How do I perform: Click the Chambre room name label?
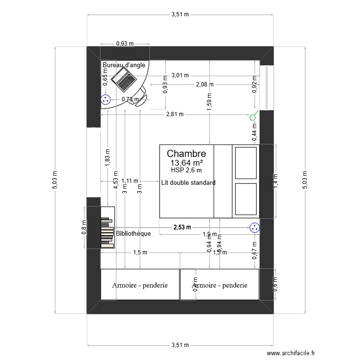pyautogui.click(x=186, y=154)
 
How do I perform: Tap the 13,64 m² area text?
pyautogui.click(x=186, y=163)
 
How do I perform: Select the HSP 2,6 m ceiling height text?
pyautogui.click(x=186, y=170)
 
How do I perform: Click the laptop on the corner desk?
pyautogui.click(x=124, y=80)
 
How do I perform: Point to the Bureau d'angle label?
pyautogui.click(x=124, y=65)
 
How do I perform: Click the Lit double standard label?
pyautogui.click(x=188, y=182)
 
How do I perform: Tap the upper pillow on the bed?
pyautogui.click(x=246, y=162)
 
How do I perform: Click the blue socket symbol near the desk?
pyautogui.click(x=105, y=100)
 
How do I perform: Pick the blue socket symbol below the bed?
pyautogui.click(x=254, y=228)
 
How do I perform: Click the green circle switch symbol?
pyautogui.click(x=253, y=117)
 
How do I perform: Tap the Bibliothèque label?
pyautogui.click(x=133, y=234)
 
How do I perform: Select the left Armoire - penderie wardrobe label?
pyautogui.click(x=140, y=285)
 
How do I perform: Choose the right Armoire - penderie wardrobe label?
pyautogui.click(x=220, y=285)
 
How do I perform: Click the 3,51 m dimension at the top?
pyautogui.click(x=180, y=15)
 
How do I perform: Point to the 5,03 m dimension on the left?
pyautogui.click(x=55, y=180)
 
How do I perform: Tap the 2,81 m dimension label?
pyautogui.click(x=175, y=114)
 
